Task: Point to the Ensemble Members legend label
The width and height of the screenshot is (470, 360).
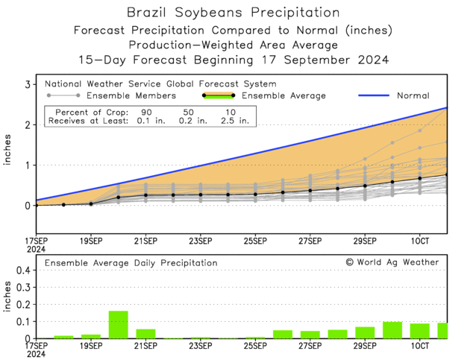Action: (131, 95)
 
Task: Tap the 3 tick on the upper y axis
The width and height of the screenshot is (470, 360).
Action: (28, 85)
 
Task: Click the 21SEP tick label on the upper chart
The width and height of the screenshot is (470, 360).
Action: (145, 241)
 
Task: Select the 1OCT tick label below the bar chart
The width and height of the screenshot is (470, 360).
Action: (419, 344)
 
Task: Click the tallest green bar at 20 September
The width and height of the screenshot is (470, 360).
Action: (118, 325)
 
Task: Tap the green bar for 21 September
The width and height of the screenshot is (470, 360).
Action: (145, 334)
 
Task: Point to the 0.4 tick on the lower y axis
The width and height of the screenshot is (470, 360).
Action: (22, 271)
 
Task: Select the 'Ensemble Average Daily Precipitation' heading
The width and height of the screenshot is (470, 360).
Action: (131, 263)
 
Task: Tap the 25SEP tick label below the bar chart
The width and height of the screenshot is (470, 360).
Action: (255, 344)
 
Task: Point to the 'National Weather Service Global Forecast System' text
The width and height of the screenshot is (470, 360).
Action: (160, 84)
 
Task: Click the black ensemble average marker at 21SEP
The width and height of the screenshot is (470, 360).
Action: (145, 195)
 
